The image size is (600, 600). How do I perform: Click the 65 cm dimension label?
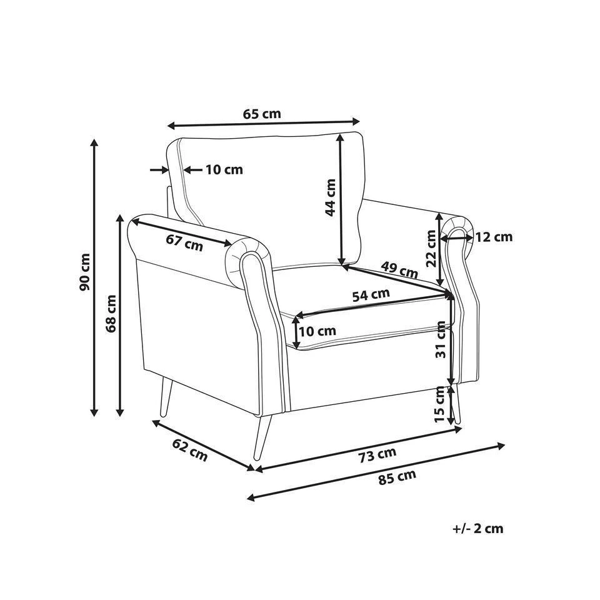point(262,114)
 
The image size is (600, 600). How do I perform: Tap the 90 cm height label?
point(84,272)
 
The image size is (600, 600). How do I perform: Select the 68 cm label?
point(111,313)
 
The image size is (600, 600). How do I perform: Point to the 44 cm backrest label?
point(330,197)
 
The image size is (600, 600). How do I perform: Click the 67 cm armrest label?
point(184,242)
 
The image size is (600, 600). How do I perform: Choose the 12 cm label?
point(494,237)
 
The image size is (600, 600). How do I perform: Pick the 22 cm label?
point(431,248)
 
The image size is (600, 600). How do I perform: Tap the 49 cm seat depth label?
point(399,269)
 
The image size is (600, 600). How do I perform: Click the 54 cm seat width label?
point(371,294)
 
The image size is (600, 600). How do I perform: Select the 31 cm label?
point(441,339)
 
